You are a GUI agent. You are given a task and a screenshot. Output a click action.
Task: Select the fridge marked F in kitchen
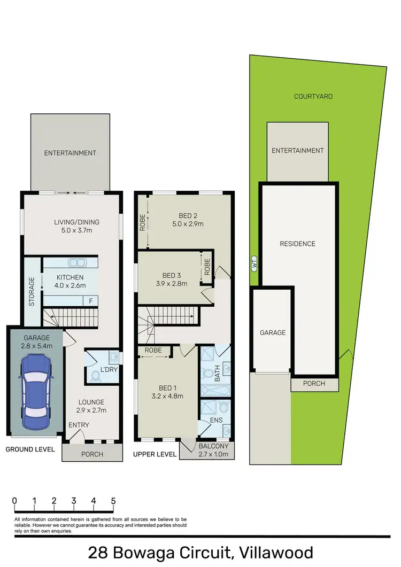pos(91,301)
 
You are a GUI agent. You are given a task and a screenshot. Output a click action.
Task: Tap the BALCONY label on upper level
pos(213,446)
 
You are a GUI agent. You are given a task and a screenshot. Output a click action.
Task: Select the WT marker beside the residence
pos(253,263)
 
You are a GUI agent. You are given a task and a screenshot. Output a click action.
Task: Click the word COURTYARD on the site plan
pos(313,97)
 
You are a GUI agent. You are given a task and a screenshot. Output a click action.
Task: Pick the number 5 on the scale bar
pos(113,501)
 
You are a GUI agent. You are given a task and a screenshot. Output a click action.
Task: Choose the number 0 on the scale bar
pos(14,501)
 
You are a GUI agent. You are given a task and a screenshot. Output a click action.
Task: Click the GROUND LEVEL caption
pos(30,449)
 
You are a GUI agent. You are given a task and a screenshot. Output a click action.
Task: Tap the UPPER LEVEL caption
pos(155,454)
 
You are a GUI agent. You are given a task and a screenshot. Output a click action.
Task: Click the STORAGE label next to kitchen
pos(32,291)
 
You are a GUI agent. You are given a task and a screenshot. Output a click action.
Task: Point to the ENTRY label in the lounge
pos(79,425)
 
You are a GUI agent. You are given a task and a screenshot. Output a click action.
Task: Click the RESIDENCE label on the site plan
pos(298,244)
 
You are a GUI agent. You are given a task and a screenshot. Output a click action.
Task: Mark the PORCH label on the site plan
pos(314,383)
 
